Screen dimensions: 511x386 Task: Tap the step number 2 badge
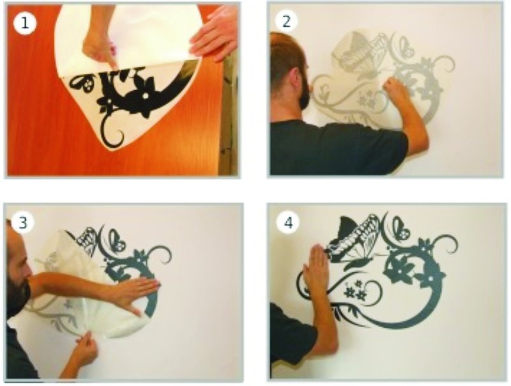[286, 22]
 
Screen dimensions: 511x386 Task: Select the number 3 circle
[22, 223]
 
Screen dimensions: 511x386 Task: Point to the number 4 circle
[288, 223]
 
